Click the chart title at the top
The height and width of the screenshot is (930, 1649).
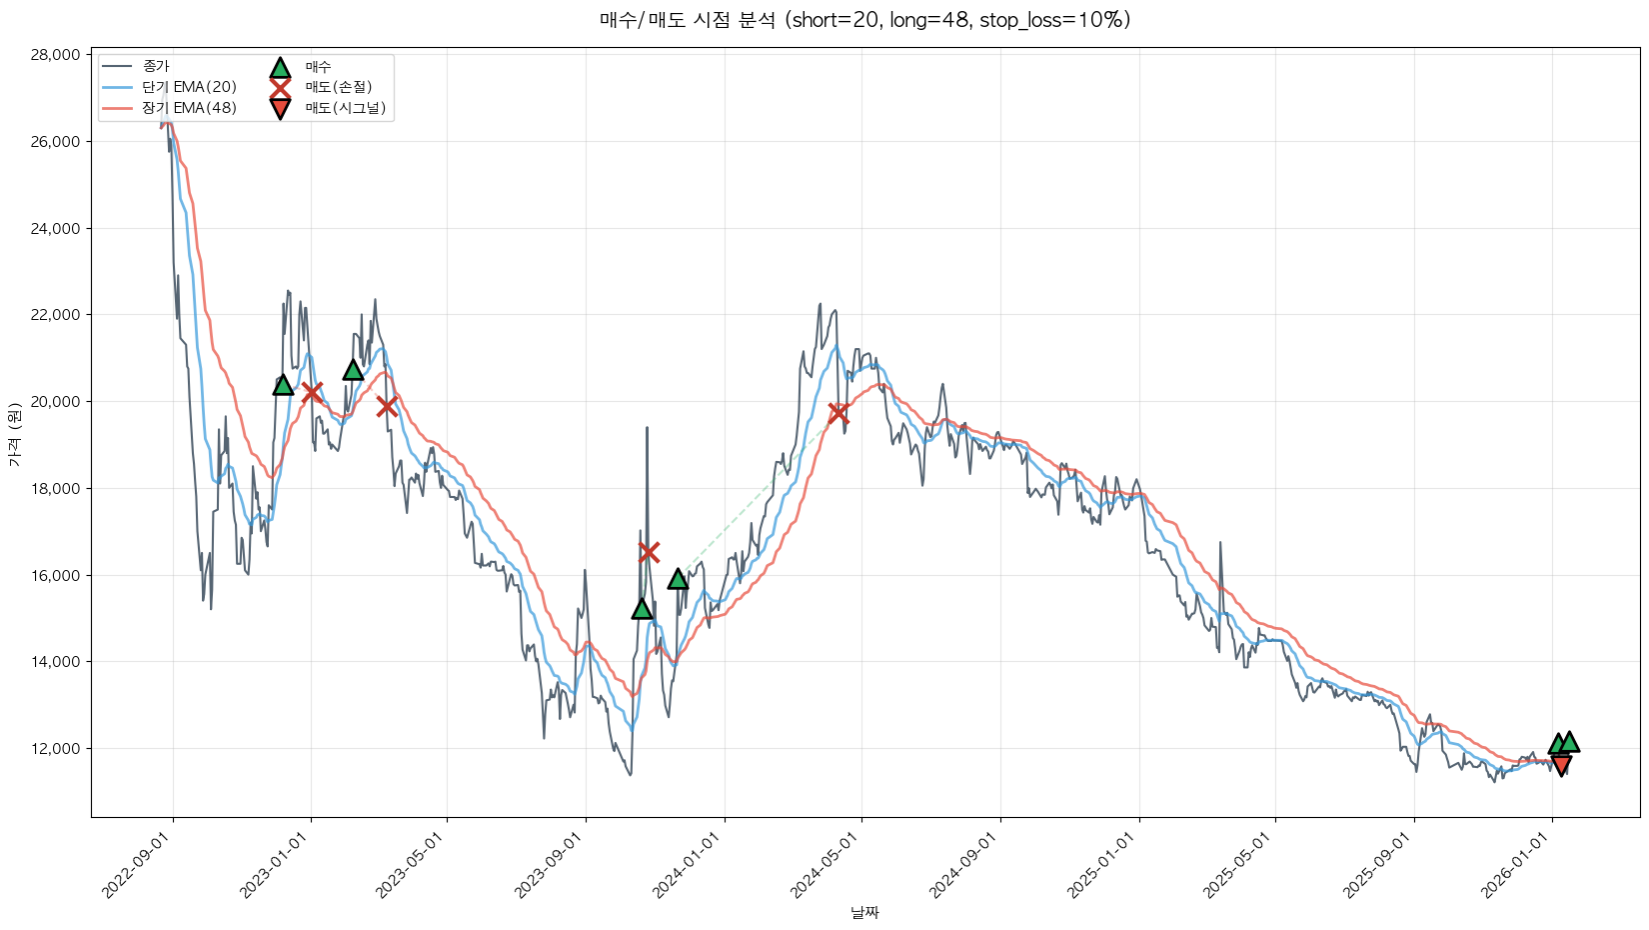[x=864, y=20]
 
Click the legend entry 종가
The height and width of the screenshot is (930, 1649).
[x=156, y=66]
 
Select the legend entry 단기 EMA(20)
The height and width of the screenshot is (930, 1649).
[x=189, y=87]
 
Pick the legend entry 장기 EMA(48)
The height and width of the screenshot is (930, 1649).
[x=189, y=108]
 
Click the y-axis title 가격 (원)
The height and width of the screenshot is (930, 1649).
[x=14, y=435]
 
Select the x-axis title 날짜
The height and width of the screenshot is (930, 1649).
[x=864, y=912]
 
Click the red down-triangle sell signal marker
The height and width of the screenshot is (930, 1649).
[x=1561, y=766]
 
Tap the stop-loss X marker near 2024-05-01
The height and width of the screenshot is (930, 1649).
[x=838, y=413]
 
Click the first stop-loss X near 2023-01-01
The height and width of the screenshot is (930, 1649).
[x=312, y=392]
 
